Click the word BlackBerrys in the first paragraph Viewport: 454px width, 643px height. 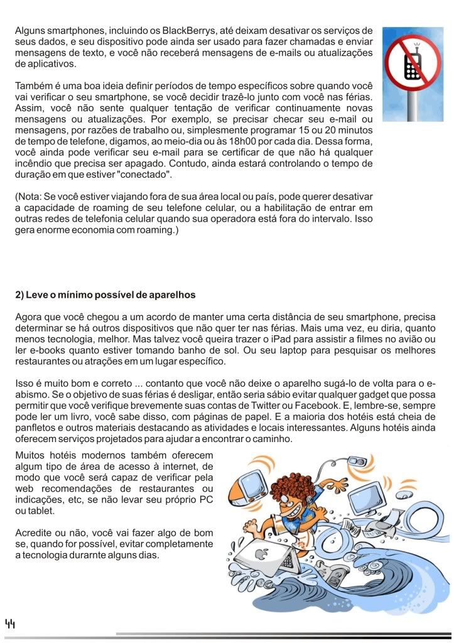click(x=185, y=31)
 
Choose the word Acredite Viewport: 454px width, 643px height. click(x=35, y=532)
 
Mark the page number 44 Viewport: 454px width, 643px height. click(x=10, y=624)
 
